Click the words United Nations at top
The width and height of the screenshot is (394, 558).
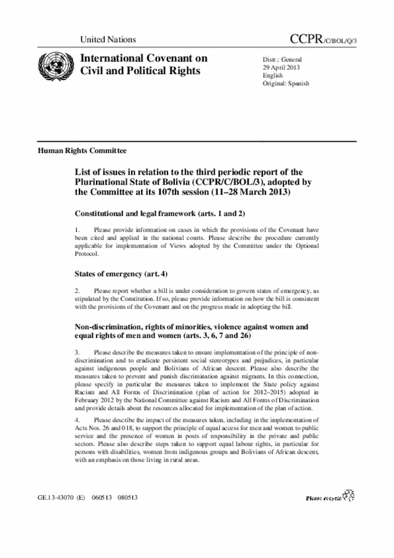point(108,39)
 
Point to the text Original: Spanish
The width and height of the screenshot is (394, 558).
point(286,83)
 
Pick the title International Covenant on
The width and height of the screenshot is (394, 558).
point(140,59)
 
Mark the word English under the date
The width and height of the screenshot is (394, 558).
point(273,75)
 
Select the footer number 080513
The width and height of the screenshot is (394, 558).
point(127,496)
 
